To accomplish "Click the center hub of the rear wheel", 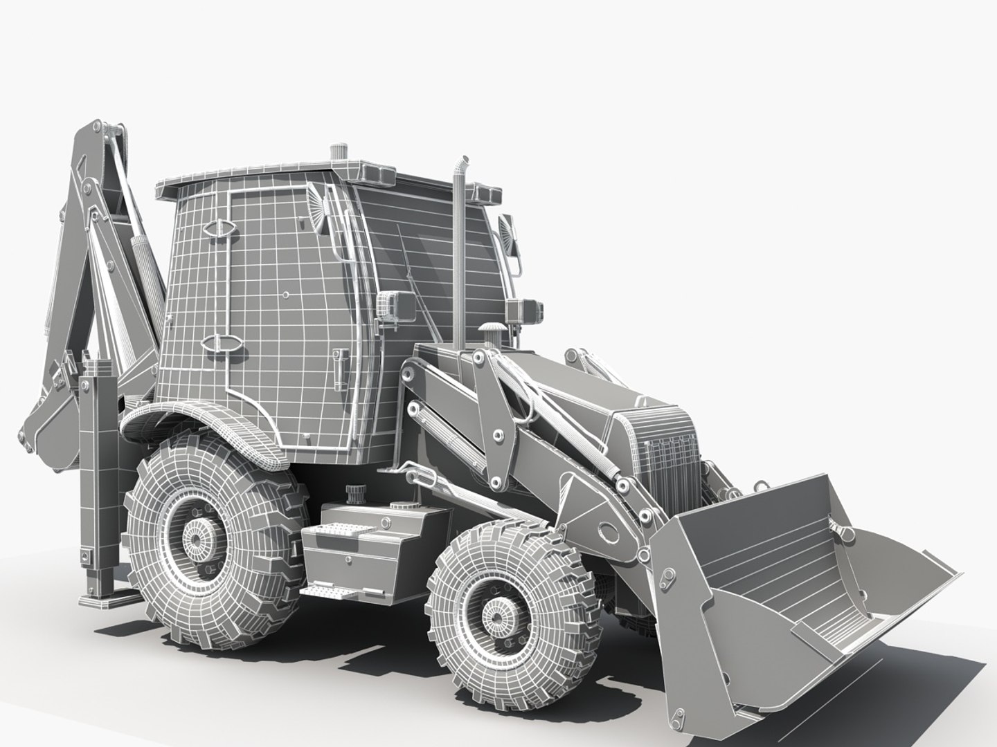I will (200, 537).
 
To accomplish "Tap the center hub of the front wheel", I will (496, 612).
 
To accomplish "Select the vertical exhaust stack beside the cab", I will (459, 256).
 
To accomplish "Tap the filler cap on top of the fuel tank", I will (356, 492).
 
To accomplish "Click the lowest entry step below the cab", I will (330, 592).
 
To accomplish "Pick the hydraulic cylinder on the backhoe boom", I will (139, 259).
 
